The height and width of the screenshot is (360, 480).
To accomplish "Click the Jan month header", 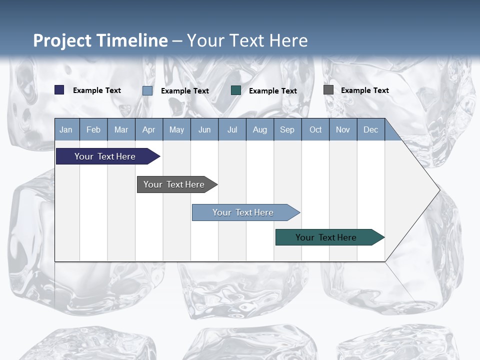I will coord(66,129).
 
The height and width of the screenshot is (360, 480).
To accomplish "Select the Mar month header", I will coord(121,129).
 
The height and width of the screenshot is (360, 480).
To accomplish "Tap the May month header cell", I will coord(176,129).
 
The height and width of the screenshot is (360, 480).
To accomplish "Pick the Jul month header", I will coord(232,129).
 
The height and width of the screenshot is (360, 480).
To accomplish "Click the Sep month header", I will coord(287,129).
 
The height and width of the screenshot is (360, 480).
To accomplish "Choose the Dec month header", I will coord(370,129).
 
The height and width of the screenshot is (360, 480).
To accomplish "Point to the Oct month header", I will coord(315,129).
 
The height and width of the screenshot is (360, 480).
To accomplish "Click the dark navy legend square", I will coord(59,90).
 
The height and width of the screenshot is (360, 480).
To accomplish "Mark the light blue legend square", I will coord(147,90).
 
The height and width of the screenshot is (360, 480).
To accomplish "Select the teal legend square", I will coord(236,90).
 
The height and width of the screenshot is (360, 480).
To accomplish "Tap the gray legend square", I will coord(328,90).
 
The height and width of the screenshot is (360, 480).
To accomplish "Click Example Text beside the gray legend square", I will coord(364,90).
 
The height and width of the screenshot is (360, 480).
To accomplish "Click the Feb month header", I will coord(93,129).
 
